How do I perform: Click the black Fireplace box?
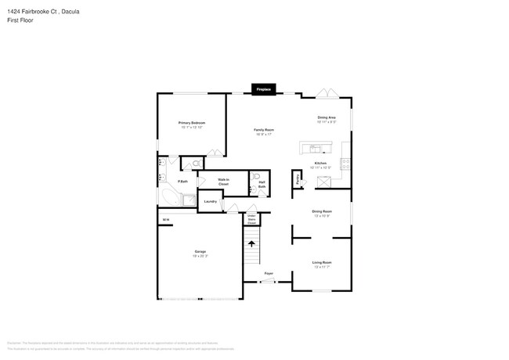point(263,89)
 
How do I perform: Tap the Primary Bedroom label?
point(192,123)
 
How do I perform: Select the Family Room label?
point(263,130)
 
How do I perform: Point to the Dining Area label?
point(327,117)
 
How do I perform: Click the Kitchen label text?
point(320,163)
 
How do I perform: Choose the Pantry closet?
point(298,179)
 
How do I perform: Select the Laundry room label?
point(210,201)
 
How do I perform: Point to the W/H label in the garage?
point(165,220)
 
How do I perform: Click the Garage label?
point(200,252)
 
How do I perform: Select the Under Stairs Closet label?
point(251,220)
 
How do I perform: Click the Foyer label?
point(268,273)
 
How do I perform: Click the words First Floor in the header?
point(19,20)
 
